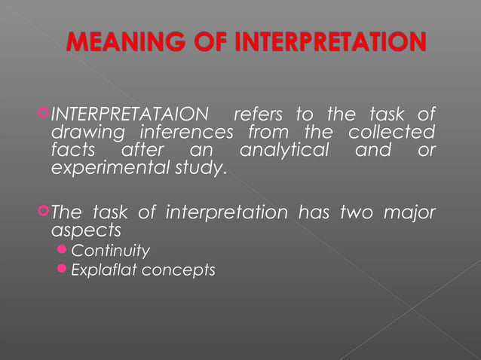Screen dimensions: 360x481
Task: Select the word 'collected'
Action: click(x=391, y=133)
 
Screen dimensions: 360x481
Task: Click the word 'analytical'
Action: click(x=284, y=151)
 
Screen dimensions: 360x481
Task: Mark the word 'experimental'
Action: click(x=108, y=168)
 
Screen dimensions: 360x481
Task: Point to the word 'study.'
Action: click(x=198, y=168)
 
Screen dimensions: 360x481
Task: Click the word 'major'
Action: click(x=410, y=213)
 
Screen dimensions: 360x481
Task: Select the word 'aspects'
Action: click(x=86, y=230)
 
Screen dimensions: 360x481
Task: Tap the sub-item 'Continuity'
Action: click(x=110, y=251)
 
